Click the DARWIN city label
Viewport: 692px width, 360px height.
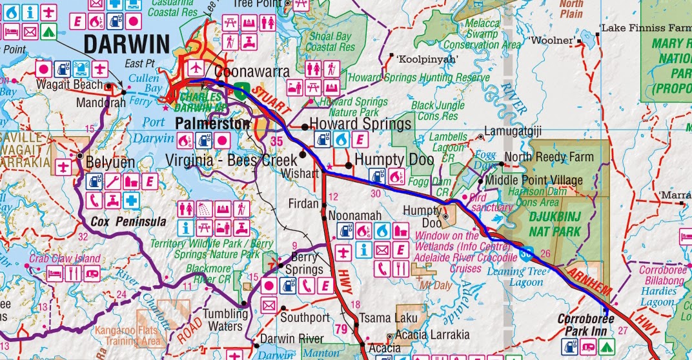pyautogui.click(x=127, y=44)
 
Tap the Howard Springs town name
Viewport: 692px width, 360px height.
pyautogui.click(x=360, y=123)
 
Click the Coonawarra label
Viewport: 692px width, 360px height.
pyautogui.click(x=252, y=72)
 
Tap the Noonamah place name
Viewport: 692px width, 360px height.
pyautogui.click(x=352, y=215)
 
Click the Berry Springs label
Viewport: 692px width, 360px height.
pyautogui.click(x=302, y=263)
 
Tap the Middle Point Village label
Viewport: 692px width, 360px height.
pyautogui.click(x=533, y=180)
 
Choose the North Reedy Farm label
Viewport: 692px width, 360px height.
pyautogui.click(x=549, y=157)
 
